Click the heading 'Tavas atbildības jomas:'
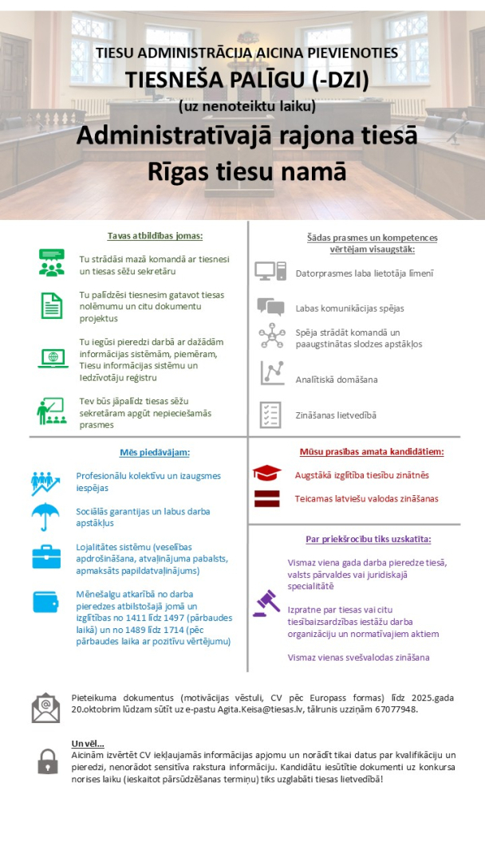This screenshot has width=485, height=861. click(156, 236)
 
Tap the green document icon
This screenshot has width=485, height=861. click(52, 305)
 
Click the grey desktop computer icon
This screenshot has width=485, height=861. click(270, 271)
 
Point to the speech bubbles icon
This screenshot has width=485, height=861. click(270, 307)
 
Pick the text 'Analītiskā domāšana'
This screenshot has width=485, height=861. click(337, 379)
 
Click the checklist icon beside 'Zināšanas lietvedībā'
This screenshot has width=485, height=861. click(270, 415)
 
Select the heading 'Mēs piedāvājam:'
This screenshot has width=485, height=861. click(155, 452)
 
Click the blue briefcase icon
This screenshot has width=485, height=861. click(46, 556)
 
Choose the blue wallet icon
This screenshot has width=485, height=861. click(46, 602)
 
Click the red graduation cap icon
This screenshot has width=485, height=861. click(266, 474)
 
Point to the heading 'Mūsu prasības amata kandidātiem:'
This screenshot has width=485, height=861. click(372, 451)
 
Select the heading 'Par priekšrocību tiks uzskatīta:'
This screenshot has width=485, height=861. click(369, 539)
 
